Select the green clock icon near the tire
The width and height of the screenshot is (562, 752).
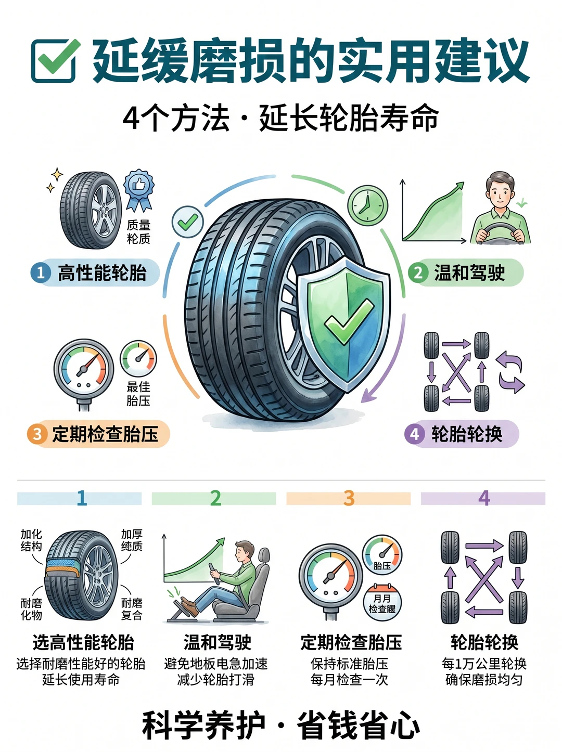pyautogui.click(x=367, y=205)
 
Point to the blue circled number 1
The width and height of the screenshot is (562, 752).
pyautogui.click(x=41, y=273)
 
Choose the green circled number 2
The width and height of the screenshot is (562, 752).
pyautogui.click(x=418, y=273)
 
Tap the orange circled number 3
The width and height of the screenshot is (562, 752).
pyautogui.click(x=37, y=434)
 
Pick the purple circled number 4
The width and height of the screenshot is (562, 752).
pyautogui.click(x=415, y=434)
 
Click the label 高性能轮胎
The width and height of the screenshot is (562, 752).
pyautogui.click(x=102, y=273)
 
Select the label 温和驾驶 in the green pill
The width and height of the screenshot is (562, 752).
pyautogui.click(x=469, y=273)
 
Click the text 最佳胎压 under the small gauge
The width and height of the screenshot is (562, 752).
pyautogui.click(x=138, y=394)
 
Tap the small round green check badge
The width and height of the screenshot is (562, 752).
pyautogui.click(x=188, y=222)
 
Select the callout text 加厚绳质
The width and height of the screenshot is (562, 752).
pyautogui.click(x=132, y=540)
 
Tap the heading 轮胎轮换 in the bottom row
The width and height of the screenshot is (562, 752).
pyautogui.click(x=484, y=642)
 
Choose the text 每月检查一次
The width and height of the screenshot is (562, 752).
pyautogui.click(x=349, y=680)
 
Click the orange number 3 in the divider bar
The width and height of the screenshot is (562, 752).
pyautogui.click(x=349, y=498)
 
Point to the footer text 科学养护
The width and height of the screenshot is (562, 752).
pyautogui.click(x=203, y=725)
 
